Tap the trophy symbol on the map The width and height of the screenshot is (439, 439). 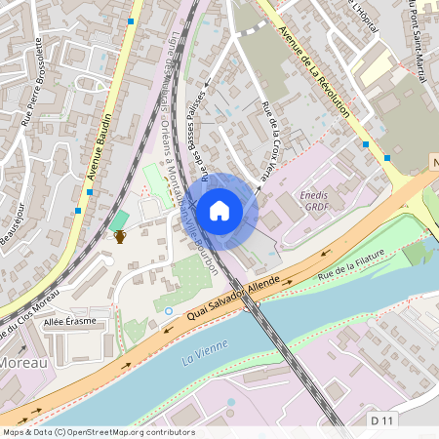click(120, 236)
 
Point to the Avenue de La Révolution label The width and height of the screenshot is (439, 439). click(314, 72)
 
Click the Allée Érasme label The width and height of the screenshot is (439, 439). click(68, 320)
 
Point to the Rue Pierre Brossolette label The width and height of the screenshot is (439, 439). click(31, 82)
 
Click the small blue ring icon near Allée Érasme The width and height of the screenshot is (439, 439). click(169, 310)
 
